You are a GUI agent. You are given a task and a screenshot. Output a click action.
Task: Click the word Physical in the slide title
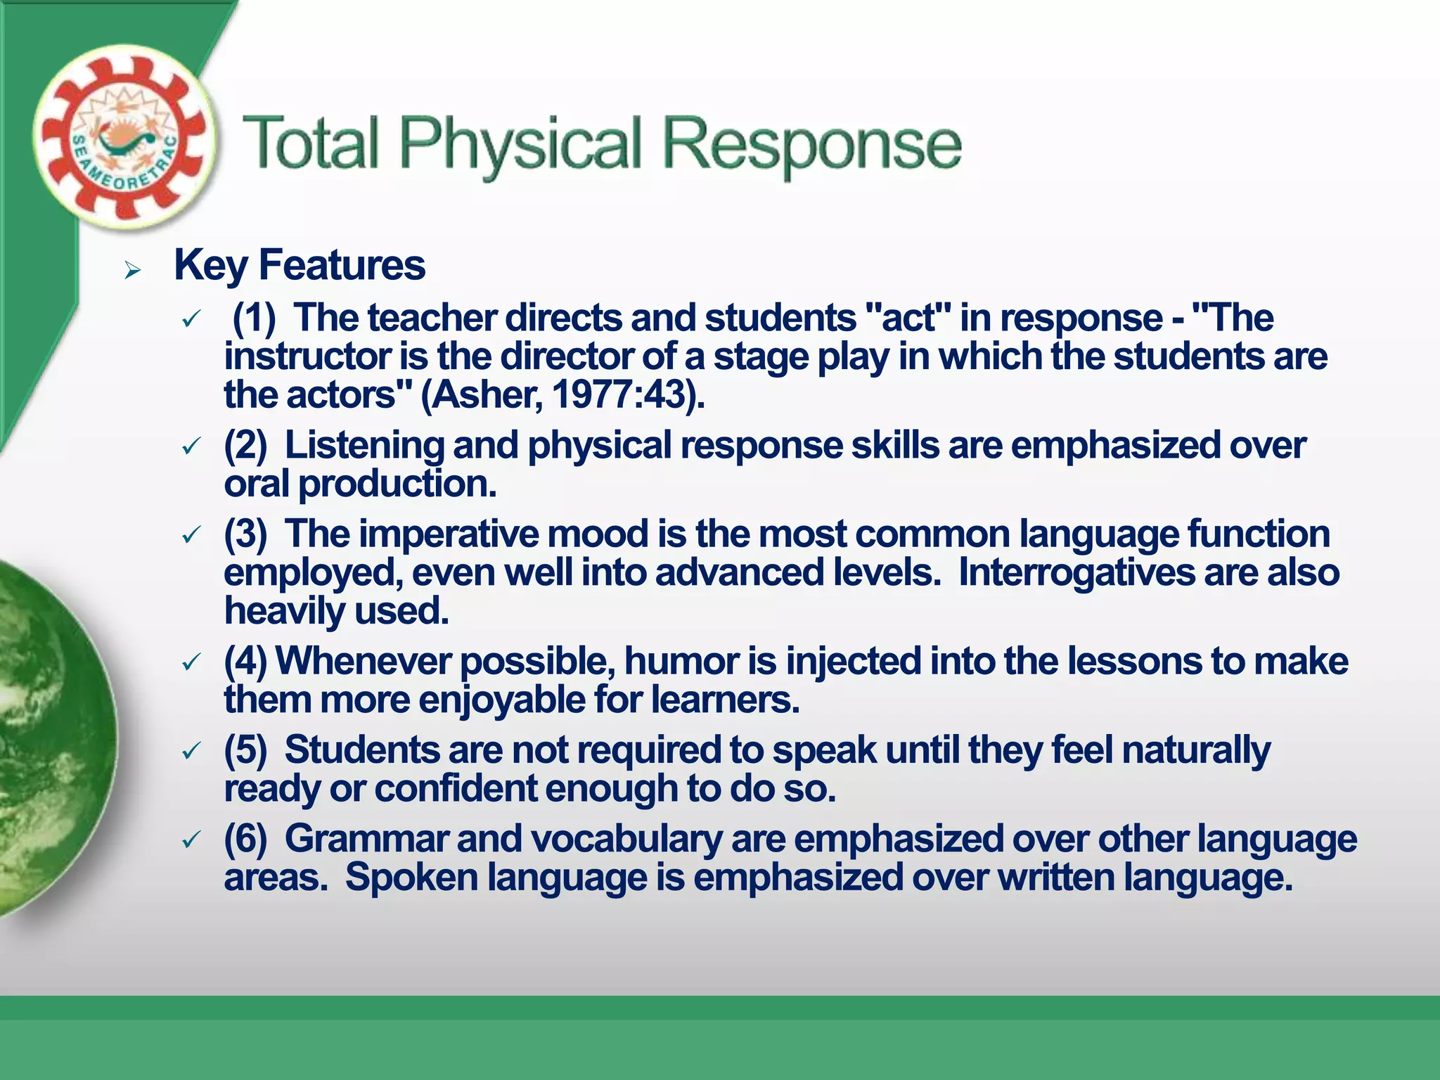coord(520,145)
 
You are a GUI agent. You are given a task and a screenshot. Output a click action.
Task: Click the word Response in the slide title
coord(811,145)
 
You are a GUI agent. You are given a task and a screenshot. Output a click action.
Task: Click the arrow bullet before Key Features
coord(132,269)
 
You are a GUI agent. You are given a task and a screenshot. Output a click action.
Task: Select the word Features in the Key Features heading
coord(342,266)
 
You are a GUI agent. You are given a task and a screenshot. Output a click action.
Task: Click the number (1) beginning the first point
coord(254,318)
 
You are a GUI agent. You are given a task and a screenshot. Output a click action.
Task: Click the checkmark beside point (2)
coord(191,446)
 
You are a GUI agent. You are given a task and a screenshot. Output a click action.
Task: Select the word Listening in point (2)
coord(364,446)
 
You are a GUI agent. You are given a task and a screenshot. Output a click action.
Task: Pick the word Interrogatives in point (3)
coord(1076,572)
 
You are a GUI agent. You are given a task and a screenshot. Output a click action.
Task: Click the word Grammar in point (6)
coord(366,840)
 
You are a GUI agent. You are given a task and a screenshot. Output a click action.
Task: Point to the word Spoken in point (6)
coord(411,878)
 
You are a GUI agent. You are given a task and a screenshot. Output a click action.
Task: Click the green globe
coord(49,738)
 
